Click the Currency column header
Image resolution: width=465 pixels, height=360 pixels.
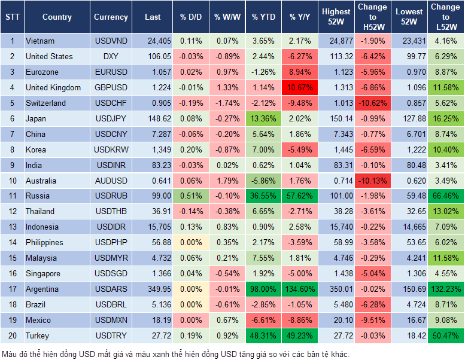[111, 17]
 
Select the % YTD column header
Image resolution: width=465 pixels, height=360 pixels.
[263, 17]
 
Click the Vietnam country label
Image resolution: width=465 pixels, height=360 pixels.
[40, 41]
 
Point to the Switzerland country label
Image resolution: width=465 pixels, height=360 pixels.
[46, 103]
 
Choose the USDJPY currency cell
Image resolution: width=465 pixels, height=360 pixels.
[111, 118]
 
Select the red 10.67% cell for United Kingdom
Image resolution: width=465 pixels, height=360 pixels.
[300, 87]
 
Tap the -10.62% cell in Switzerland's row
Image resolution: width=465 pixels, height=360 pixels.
[372, 103]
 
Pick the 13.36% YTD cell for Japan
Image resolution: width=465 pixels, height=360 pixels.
[263, 118]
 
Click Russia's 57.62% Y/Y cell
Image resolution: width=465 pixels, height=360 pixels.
[300, 196]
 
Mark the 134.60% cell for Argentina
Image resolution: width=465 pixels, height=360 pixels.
[300, 289]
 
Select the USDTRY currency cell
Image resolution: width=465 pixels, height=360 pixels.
[111, 335]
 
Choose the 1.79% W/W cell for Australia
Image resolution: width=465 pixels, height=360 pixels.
[226, 181]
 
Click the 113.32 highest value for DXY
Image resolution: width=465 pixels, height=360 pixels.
[336, 56]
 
